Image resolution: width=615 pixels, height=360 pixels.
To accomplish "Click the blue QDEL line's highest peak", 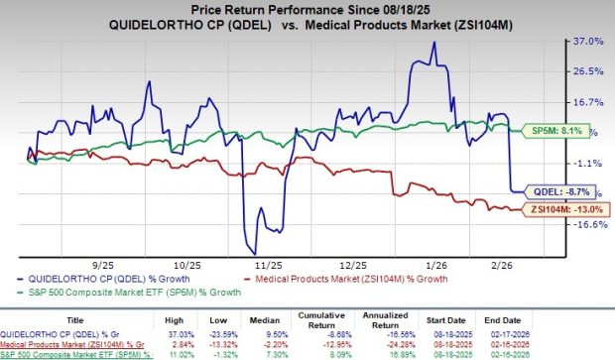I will click(x=432, y=42).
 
